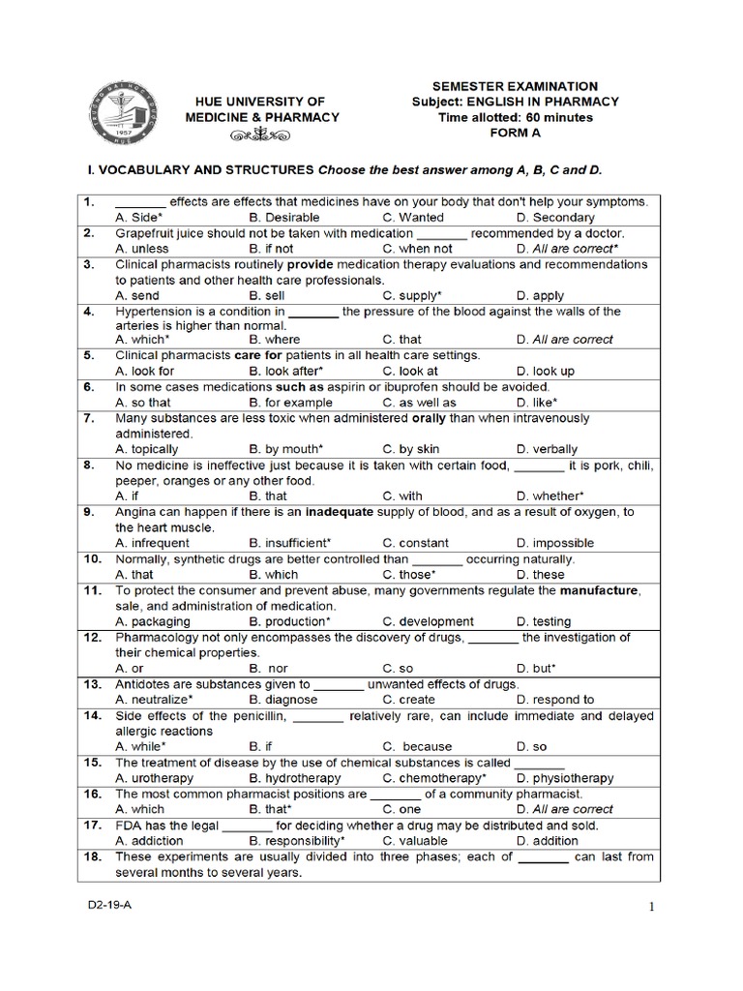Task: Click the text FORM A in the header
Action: pos(515,134)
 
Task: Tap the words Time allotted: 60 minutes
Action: pos(515,118)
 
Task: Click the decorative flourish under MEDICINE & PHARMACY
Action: pos(261,135)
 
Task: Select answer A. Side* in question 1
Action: pos(138,218)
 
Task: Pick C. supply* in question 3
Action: pos(412,295)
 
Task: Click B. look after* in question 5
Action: pos(285,371)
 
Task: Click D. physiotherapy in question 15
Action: pos(565,778)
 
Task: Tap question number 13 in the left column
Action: pos(92,684)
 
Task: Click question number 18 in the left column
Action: pos(92,856)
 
